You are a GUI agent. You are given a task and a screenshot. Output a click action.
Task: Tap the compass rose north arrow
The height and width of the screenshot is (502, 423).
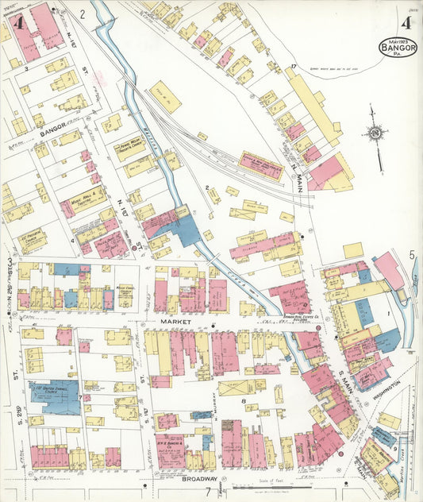point(375,133)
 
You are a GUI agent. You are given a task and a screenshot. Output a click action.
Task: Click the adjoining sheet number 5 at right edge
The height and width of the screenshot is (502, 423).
point(413,255)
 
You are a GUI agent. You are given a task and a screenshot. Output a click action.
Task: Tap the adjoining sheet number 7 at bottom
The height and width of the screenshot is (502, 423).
point(209,492)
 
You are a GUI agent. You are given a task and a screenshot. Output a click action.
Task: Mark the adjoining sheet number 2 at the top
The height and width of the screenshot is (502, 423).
point(82,14)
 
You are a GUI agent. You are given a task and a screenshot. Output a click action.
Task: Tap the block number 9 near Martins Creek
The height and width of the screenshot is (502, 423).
point(395,450)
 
